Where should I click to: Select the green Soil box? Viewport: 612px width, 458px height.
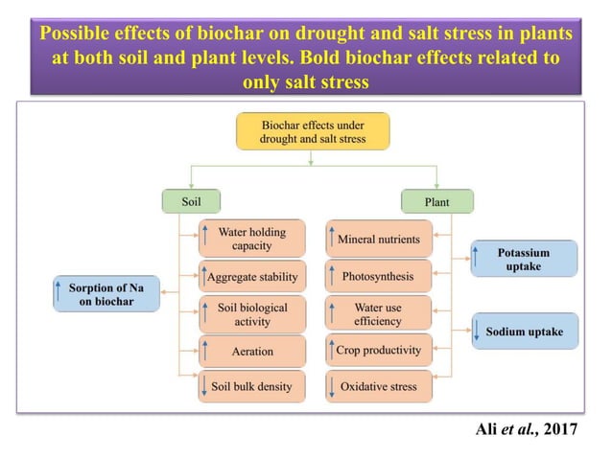191,201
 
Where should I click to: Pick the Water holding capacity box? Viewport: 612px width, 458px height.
252,239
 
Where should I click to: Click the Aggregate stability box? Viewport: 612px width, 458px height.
252,277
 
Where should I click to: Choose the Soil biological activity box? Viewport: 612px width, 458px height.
252,314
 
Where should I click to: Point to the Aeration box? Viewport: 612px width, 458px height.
252,351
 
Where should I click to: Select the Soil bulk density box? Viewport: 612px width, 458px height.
252,387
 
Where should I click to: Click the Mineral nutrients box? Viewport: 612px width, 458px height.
379,239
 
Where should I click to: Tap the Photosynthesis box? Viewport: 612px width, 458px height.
379,277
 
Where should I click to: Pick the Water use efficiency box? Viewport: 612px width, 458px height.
379,314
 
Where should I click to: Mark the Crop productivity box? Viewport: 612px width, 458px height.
379,351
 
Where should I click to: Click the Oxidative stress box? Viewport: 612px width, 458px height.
379,387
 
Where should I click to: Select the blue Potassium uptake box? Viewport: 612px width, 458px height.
524,259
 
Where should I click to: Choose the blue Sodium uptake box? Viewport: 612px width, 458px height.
524,332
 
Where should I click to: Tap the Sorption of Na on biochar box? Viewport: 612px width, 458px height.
106,293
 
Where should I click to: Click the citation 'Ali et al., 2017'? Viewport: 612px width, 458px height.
527,428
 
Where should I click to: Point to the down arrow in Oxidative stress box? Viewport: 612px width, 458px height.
332,387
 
